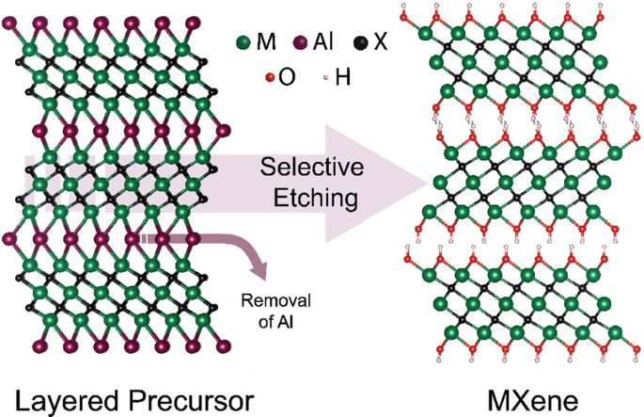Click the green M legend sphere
243,43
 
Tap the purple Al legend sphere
301,43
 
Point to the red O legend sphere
270,75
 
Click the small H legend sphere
322,75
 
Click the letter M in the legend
267,43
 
